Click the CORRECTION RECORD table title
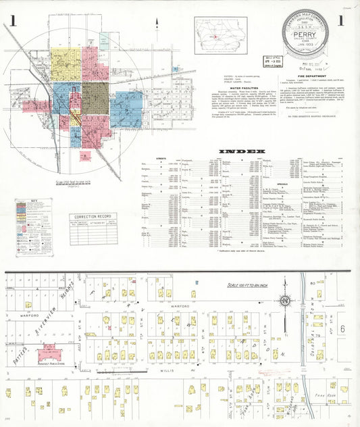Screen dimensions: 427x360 click(x=92, y=217)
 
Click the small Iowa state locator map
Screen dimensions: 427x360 click(x=220, y=35)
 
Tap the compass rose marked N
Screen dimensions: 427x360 click(x=286, y=300)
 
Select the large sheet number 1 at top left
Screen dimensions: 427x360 click(x=13, y=20)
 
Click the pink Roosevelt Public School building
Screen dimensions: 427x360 click(x=49, y=350)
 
